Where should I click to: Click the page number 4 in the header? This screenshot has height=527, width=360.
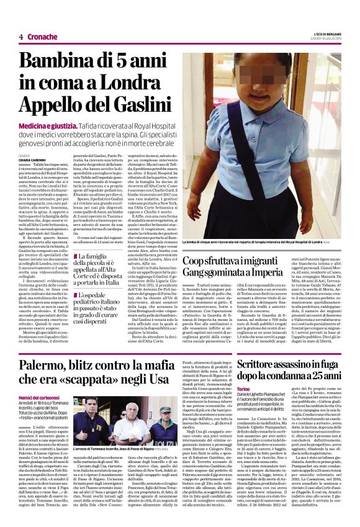click(21, 37)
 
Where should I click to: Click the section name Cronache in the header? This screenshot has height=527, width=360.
click(43, 37)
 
